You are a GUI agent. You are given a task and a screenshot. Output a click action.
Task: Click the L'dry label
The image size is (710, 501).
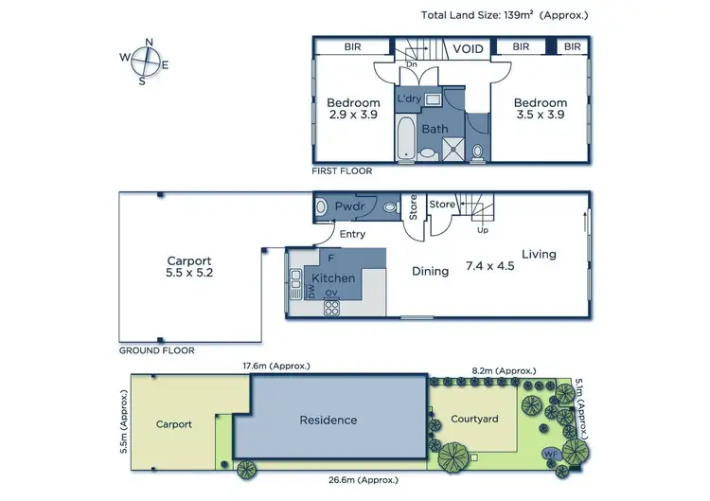(408, 98)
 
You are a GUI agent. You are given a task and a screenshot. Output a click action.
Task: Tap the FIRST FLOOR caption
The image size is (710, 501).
(342, 171)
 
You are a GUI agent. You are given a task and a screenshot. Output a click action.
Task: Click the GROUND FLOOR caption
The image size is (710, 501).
(156, 350)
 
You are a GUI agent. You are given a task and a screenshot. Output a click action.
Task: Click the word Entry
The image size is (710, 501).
(352, 234)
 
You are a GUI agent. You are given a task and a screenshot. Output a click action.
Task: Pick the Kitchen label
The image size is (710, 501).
(333, 278)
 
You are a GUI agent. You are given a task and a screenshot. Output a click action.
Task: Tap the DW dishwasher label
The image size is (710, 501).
(311, 293)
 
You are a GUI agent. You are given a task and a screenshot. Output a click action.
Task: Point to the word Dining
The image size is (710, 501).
(430, 272)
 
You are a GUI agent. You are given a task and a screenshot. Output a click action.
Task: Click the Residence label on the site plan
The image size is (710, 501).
(328, 420)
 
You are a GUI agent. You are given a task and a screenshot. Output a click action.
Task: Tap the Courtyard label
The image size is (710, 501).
(474, 418)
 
